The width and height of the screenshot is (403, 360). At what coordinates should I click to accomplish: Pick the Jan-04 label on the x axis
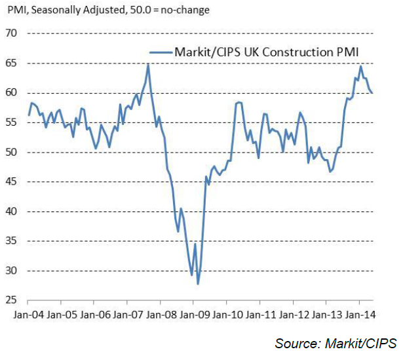click(x=28, y=314)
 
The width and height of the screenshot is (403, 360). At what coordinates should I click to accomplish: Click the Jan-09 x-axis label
click(x=193, y=314)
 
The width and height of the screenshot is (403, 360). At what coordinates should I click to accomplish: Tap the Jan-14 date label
click(x=359, y=314)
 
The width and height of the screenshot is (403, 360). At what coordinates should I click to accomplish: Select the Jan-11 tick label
click(x=259, y=314)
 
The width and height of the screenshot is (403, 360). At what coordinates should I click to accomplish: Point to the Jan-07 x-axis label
click(x=127, y=314)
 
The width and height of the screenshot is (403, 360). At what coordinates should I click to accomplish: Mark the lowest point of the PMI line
click(x=198, y=283)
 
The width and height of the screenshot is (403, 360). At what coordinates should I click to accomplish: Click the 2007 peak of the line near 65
click(x=148, y=64)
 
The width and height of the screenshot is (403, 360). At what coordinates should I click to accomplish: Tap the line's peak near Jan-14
click(x=360, y=66)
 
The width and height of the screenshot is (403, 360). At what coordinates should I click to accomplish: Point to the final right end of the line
click(x=372, y=92)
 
